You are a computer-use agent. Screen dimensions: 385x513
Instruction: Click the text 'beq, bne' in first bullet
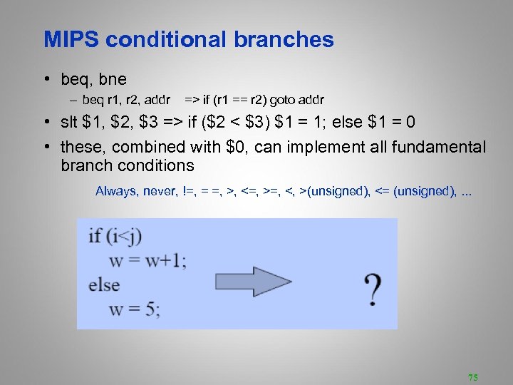(93, 80)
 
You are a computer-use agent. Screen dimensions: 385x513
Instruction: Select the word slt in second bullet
(70, 122)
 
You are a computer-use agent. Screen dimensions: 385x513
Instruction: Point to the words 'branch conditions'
(128, 165)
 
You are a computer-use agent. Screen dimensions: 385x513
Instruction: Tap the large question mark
(371, 288)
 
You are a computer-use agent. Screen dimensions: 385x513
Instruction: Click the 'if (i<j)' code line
(116, 236)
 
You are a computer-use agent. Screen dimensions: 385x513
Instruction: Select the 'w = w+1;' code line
(147, 260)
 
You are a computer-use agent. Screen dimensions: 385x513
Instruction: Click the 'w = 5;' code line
(135, 309)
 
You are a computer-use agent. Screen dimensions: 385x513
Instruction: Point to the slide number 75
(472, 376)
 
